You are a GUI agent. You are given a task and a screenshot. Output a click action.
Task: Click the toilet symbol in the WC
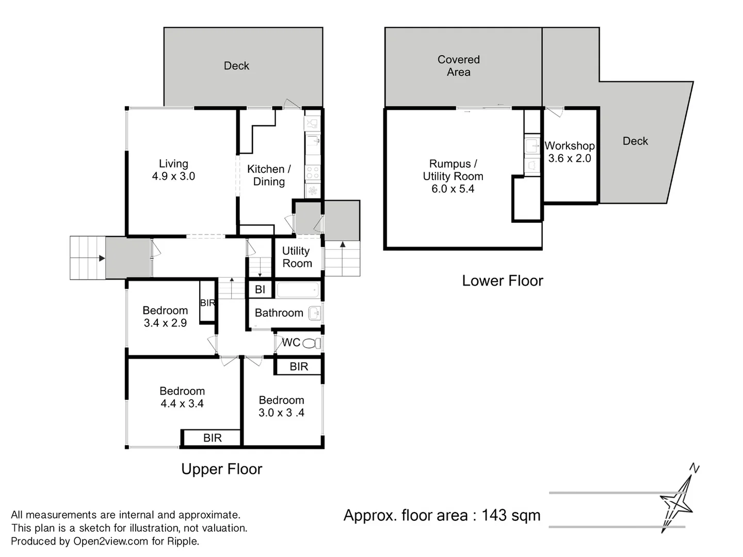(x=311, y=343)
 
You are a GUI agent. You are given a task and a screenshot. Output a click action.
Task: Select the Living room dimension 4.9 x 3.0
(x=173, y=176)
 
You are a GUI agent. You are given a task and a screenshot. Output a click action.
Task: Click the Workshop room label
(x=570, y=146)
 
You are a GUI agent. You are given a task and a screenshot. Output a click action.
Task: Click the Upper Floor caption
(x=222, y=469)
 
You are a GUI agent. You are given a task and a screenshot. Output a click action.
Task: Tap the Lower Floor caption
(x=503, y=281)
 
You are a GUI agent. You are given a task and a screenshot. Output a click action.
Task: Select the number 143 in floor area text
(x=494, y=515)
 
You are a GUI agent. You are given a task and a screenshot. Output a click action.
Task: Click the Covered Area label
(x=459, y=66)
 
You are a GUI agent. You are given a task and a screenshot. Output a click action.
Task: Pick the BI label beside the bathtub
(x=260, y=290)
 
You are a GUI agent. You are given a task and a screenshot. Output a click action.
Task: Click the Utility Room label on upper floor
(x=297, y=257)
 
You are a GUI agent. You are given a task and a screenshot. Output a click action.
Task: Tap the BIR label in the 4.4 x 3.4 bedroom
(x=212, y=438)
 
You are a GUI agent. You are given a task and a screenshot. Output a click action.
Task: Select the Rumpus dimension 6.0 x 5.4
(x=453, y=189)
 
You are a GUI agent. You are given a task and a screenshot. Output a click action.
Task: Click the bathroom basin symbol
(x=314, y=313)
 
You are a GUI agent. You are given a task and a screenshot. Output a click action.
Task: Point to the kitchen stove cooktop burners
(x=312, y=172)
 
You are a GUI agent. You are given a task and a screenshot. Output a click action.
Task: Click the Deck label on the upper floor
(x=236, y=66)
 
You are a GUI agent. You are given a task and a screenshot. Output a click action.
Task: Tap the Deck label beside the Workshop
(x=635, y=141)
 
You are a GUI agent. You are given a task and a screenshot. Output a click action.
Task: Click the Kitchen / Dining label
(x=269, y=175)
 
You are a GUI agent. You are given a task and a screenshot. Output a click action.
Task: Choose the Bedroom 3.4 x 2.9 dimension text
(x=165, y=323)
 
